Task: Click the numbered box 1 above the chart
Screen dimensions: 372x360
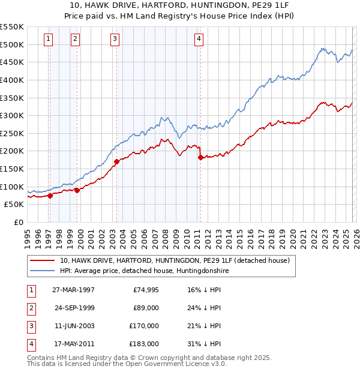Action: pyautogui.click(x=48, y=40)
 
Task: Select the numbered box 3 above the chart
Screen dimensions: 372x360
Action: pyautogui.click(x=115, y=40)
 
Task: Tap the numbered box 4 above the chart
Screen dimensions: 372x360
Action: pyautogui.click(x=199, y=40)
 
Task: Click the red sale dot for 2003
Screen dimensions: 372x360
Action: pyautogui.click(x=117, y=161)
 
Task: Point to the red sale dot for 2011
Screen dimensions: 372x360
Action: pyautogui.click(x=200, y=157)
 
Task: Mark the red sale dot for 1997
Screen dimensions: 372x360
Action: pyautogui.click(x=50, y=195)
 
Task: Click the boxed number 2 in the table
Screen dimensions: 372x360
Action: pyautogui.click(x=29, y=308)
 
